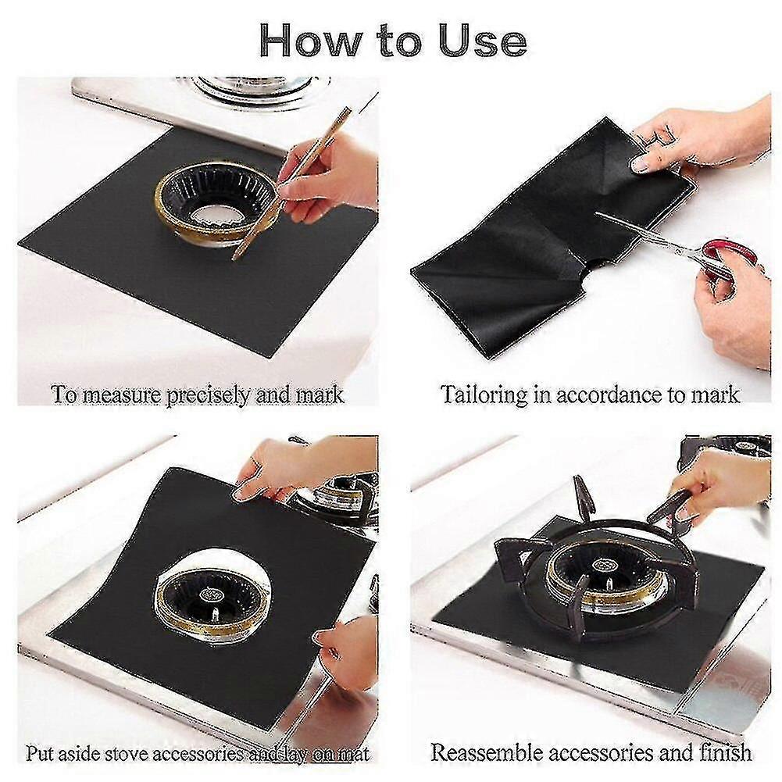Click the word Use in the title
[x=482, y=41]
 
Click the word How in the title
[x=309, y=41]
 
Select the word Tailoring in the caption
[x=484, y=395]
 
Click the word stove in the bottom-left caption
[x=129, y=753]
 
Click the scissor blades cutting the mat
[x=648, y=234]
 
